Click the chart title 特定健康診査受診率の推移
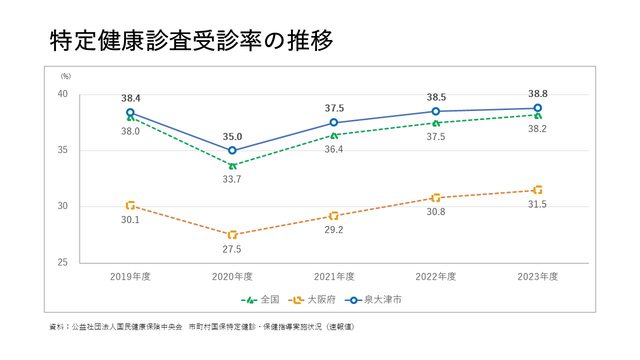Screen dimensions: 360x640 pos(191,41)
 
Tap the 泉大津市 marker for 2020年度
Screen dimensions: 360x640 pos(232,150)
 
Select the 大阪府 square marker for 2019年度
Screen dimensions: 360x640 pos(130,205)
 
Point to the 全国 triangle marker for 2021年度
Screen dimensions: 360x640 pos(334,135)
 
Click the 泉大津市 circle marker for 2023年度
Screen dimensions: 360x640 pos(537,108)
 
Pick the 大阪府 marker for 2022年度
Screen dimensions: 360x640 pos(435,198)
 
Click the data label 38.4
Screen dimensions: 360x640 pos(130,98)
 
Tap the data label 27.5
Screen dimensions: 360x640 pos(232,249)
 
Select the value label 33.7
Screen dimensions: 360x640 pos(232,179)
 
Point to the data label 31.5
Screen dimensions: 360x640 pos(537,203)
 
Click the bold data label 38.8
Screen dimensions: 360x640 pos(537,94)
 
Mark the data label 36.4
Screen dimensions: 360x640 pos(334,149)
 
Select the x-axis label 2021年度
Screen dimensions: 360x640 pos(334,276)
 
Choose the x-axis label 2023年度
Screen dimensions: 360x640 pos(537,276)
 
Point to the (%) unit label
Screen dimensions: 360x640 pos(66,76)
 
